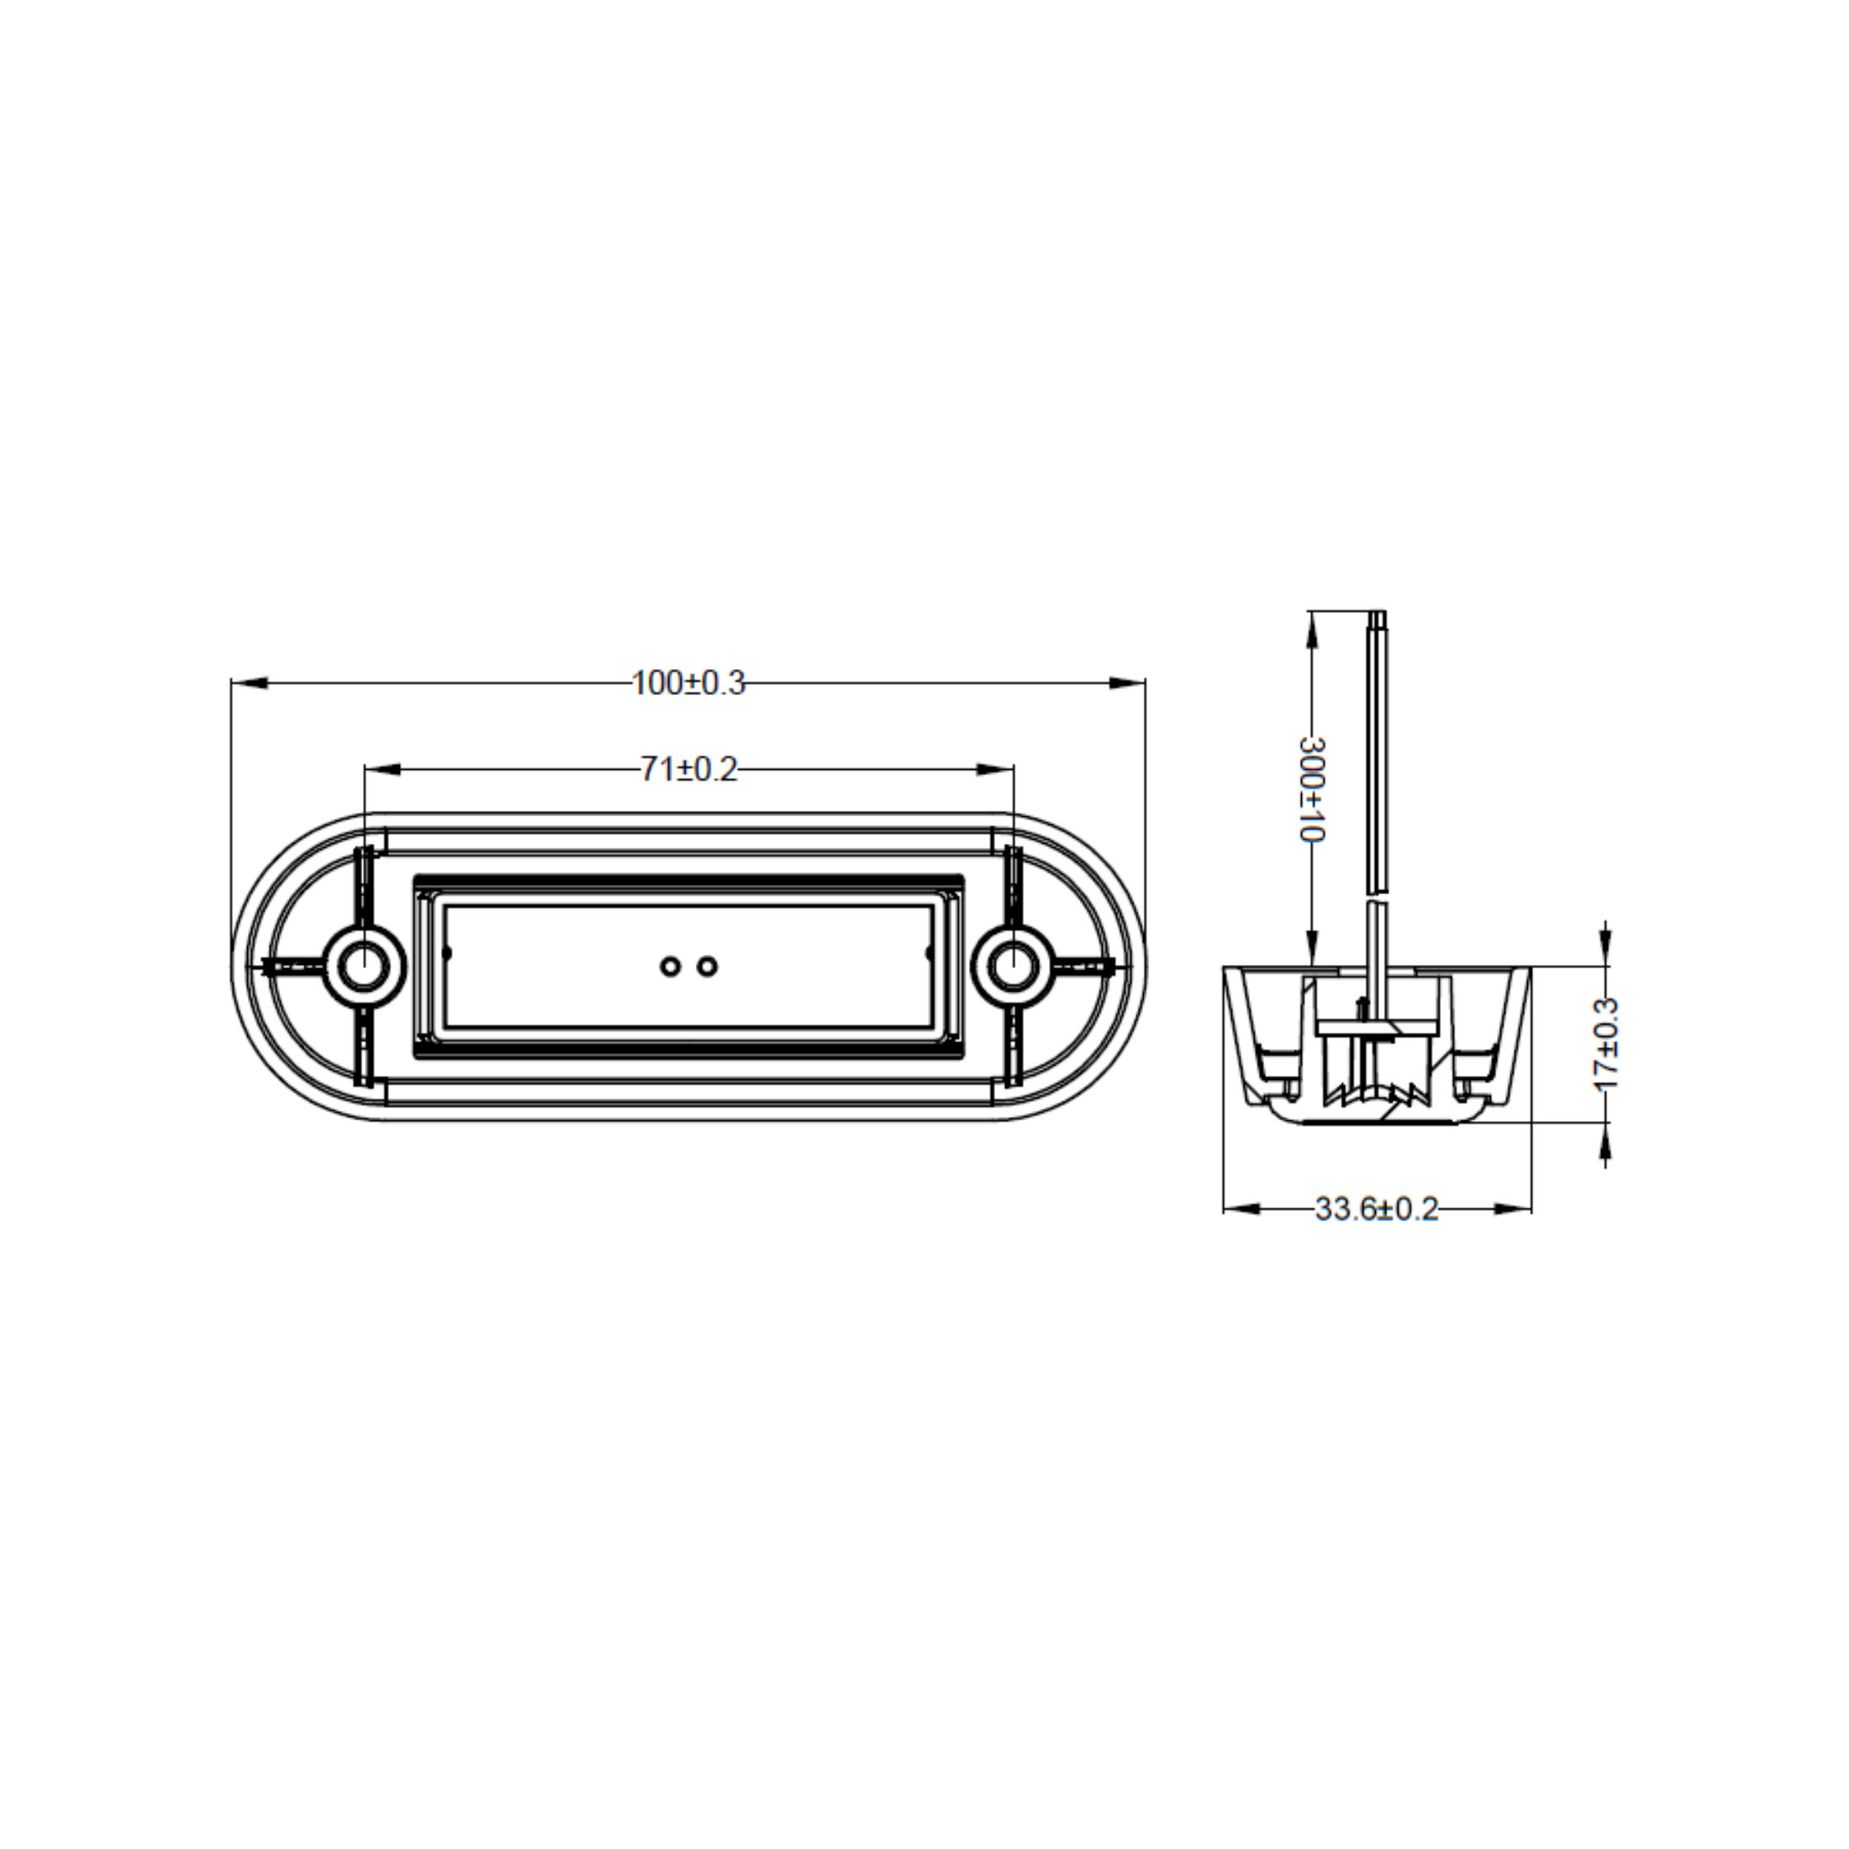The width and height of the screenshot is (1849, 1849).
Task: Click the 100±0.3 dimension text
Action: tap(688, 683)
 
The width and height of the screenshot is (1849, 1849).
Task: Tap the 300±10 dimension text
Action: tap(1312, 788)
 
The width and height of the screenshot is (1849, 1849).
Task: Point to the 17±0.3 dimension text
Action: tap(1607, 1044)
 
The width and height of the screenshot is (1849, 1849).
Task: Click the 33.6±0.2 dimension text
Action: tap(1376, 1209)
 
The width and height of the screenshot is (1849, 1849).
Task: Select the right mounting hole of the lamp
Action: tap(1014, 967)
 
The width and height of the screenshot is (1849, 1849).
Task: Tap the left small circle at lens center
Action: tap(671, 967)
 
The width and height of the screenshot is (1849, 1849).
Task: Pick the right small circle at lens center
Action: tap(708, 967)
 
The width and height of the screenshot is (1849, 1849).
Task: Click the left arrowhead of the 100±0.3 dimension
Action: tap(249, 682)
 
